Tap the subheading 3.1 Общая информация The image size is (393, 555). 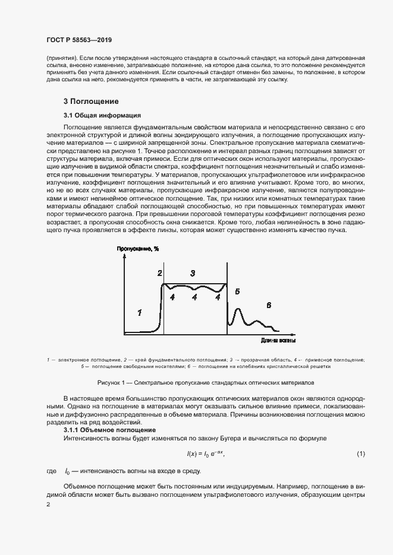click(102, 115)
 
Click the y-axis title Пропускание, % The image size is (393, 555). click(138, 249)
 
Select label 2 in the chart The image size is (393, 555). click(159, 273)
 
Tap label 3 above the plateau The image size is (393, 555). click(193, 273)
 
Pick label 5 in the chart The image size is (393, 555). click(237, 291)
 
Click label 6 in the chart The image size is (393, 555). click(268, 305)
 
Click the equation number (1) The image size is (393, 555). click(361, 454)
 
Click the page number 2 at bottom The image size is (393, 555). click(48, 504)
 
